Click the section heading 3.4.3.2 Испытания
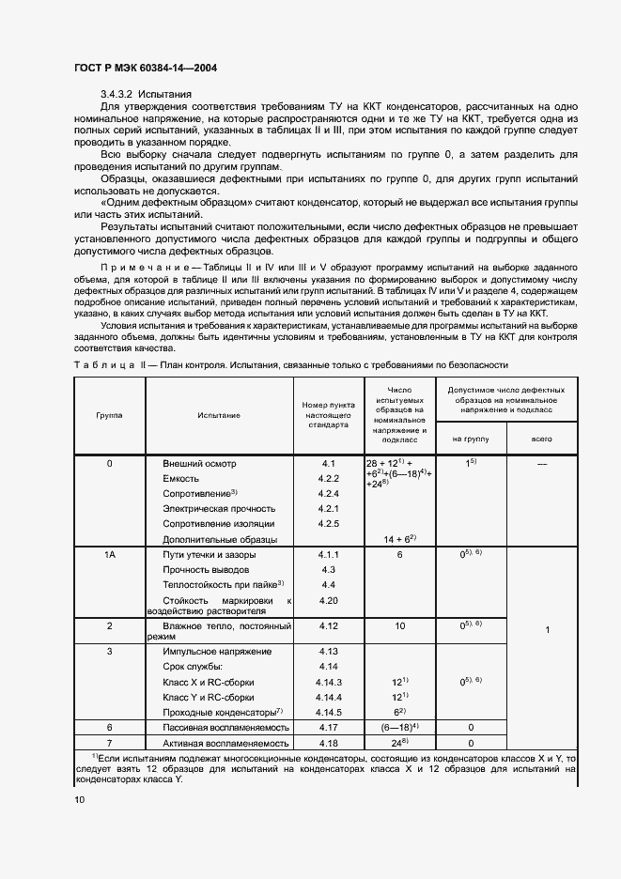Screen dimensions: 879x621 (x=147, y=94)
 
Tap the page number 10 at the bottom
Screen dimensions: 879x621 (x=79, y=799)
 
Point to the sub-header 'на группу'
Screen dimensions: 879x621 (x=471, y=438)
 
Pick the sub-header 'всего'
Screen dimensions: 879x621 (x=541, y=438)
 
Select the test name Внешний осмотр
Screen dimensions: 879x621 (x=200, y=464)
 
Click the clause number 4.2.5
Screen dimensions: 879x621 (x=328, y=523)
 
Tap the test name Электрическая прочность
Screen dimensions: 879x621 (x=219, y=508)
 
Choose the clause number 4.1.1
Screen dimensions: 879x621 (x=328, y=556)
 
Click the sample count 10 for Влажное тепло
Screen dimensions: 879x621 (x=399, y=625)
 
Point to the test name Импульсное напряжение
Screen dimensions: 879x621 (x=217, y=651)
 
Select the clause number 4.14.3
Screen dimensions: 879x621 (x=328, y=682)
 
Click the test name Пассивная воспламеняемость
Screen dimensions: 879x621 (x=225, y=728)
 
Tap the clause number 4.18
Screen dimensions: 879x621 (x=328, y=743)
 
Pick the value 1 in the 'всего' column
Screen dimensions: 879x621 (x=547, y=630)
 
